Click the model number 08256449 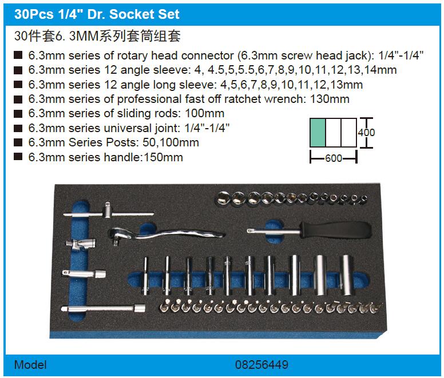(261, 365)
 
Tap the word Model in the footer (30, 365)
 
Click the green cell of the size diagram (318, 133)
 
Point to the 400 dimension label (366, 133)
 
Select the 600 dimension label (334, 158)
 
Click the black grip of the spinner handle (336, 229)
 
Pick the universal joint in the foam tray (81, 243)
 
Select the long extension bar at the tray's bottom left (104, 308)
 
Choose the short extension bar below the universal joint (84, 273)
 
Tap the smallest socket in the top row (364, 199)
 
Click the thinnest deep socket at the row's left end (145, 276)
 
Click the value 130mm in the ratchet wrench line (330, 99)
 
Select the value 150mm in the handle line (164, 157)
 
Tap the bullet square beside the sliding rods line (18, 114)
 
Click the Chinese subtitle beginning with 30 (97, 36)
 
